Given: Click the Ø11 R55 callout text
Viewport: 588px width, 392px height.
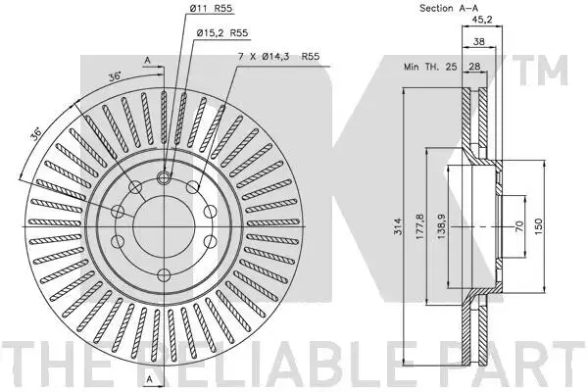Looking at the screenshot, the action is click(x=211, y=8).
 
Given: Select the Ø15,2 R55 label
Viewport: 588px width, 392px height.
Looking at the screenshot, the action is click(x=222, y=33).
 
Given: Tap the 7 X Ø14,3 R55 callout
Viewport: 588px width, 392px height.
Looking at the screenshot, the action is click(x=279, y=57).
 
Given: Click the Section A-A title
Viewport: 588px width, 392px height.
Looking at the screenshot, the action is click(x=449, y=8).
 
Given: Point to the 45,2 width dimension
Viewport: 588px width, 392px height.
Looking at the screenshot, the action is click(x=481, y=20).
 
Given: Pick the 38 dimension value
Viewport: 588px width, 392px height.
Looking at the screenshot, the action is click(x=478, y=41).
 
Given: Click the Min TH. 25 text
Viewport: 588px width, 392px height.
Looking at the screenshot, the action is click(x=430, y=67).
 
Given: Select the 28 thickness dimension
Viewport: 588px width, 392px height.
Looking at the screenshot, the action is click(x=474, y=67).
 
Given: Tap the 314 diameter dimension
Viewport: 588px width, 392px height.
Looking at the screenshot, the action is click(x=398, y=226).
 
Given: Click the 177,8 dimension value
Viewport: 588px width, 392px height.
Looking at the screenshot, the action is click(x=419, y=226).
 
